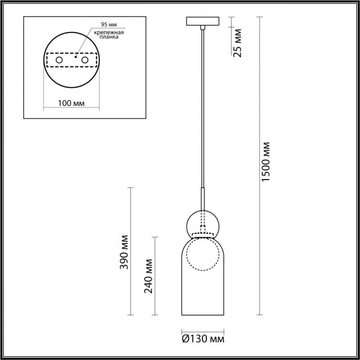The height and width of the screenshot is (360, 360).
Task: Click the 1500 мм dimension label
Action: [x=266, y=162]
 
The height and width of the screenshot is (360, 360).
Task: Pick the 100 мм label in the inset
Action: [x=72, y=104]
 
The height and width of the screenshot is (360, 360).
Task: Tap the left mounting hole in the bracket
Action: [x=58, y=60]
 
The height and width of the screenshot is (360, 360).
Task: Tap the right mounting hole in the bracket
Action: [x=85, y=60]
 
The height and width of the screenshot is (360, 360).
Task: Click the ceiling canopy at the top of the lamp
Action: [x=203, y=22]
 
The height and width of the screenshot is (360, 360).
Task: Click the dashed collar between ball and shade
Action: [x=203, y=235]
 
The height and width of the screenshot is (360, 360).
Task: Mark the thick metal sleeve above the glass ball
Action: [x=203, y=198]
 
